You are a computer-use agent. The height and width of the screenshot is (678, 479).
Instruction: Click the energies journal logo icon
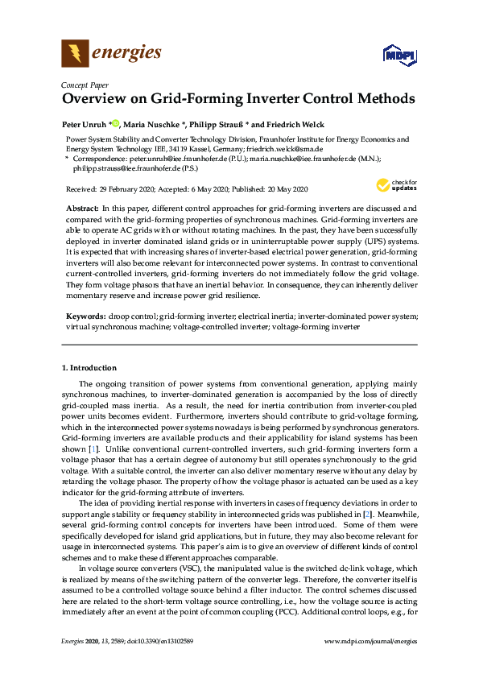[x=75, y=54]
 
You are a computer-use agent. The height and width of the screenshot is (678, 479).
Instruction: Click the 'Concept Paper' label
[x=85, y=85]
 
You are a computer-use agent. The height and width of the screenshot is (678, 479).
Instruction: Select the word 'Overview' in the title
[x=96, y=100]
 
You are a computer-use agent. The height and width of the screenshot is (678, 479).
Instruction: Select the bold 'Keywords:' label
[x=85, y=318]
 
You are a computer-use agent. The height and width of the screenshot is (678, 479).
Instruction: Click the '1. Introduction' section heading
[x=89, y=368]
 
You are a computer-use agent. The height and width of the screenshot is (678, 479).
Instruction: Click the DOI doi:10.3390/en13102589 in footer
[x=171, y=663]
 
